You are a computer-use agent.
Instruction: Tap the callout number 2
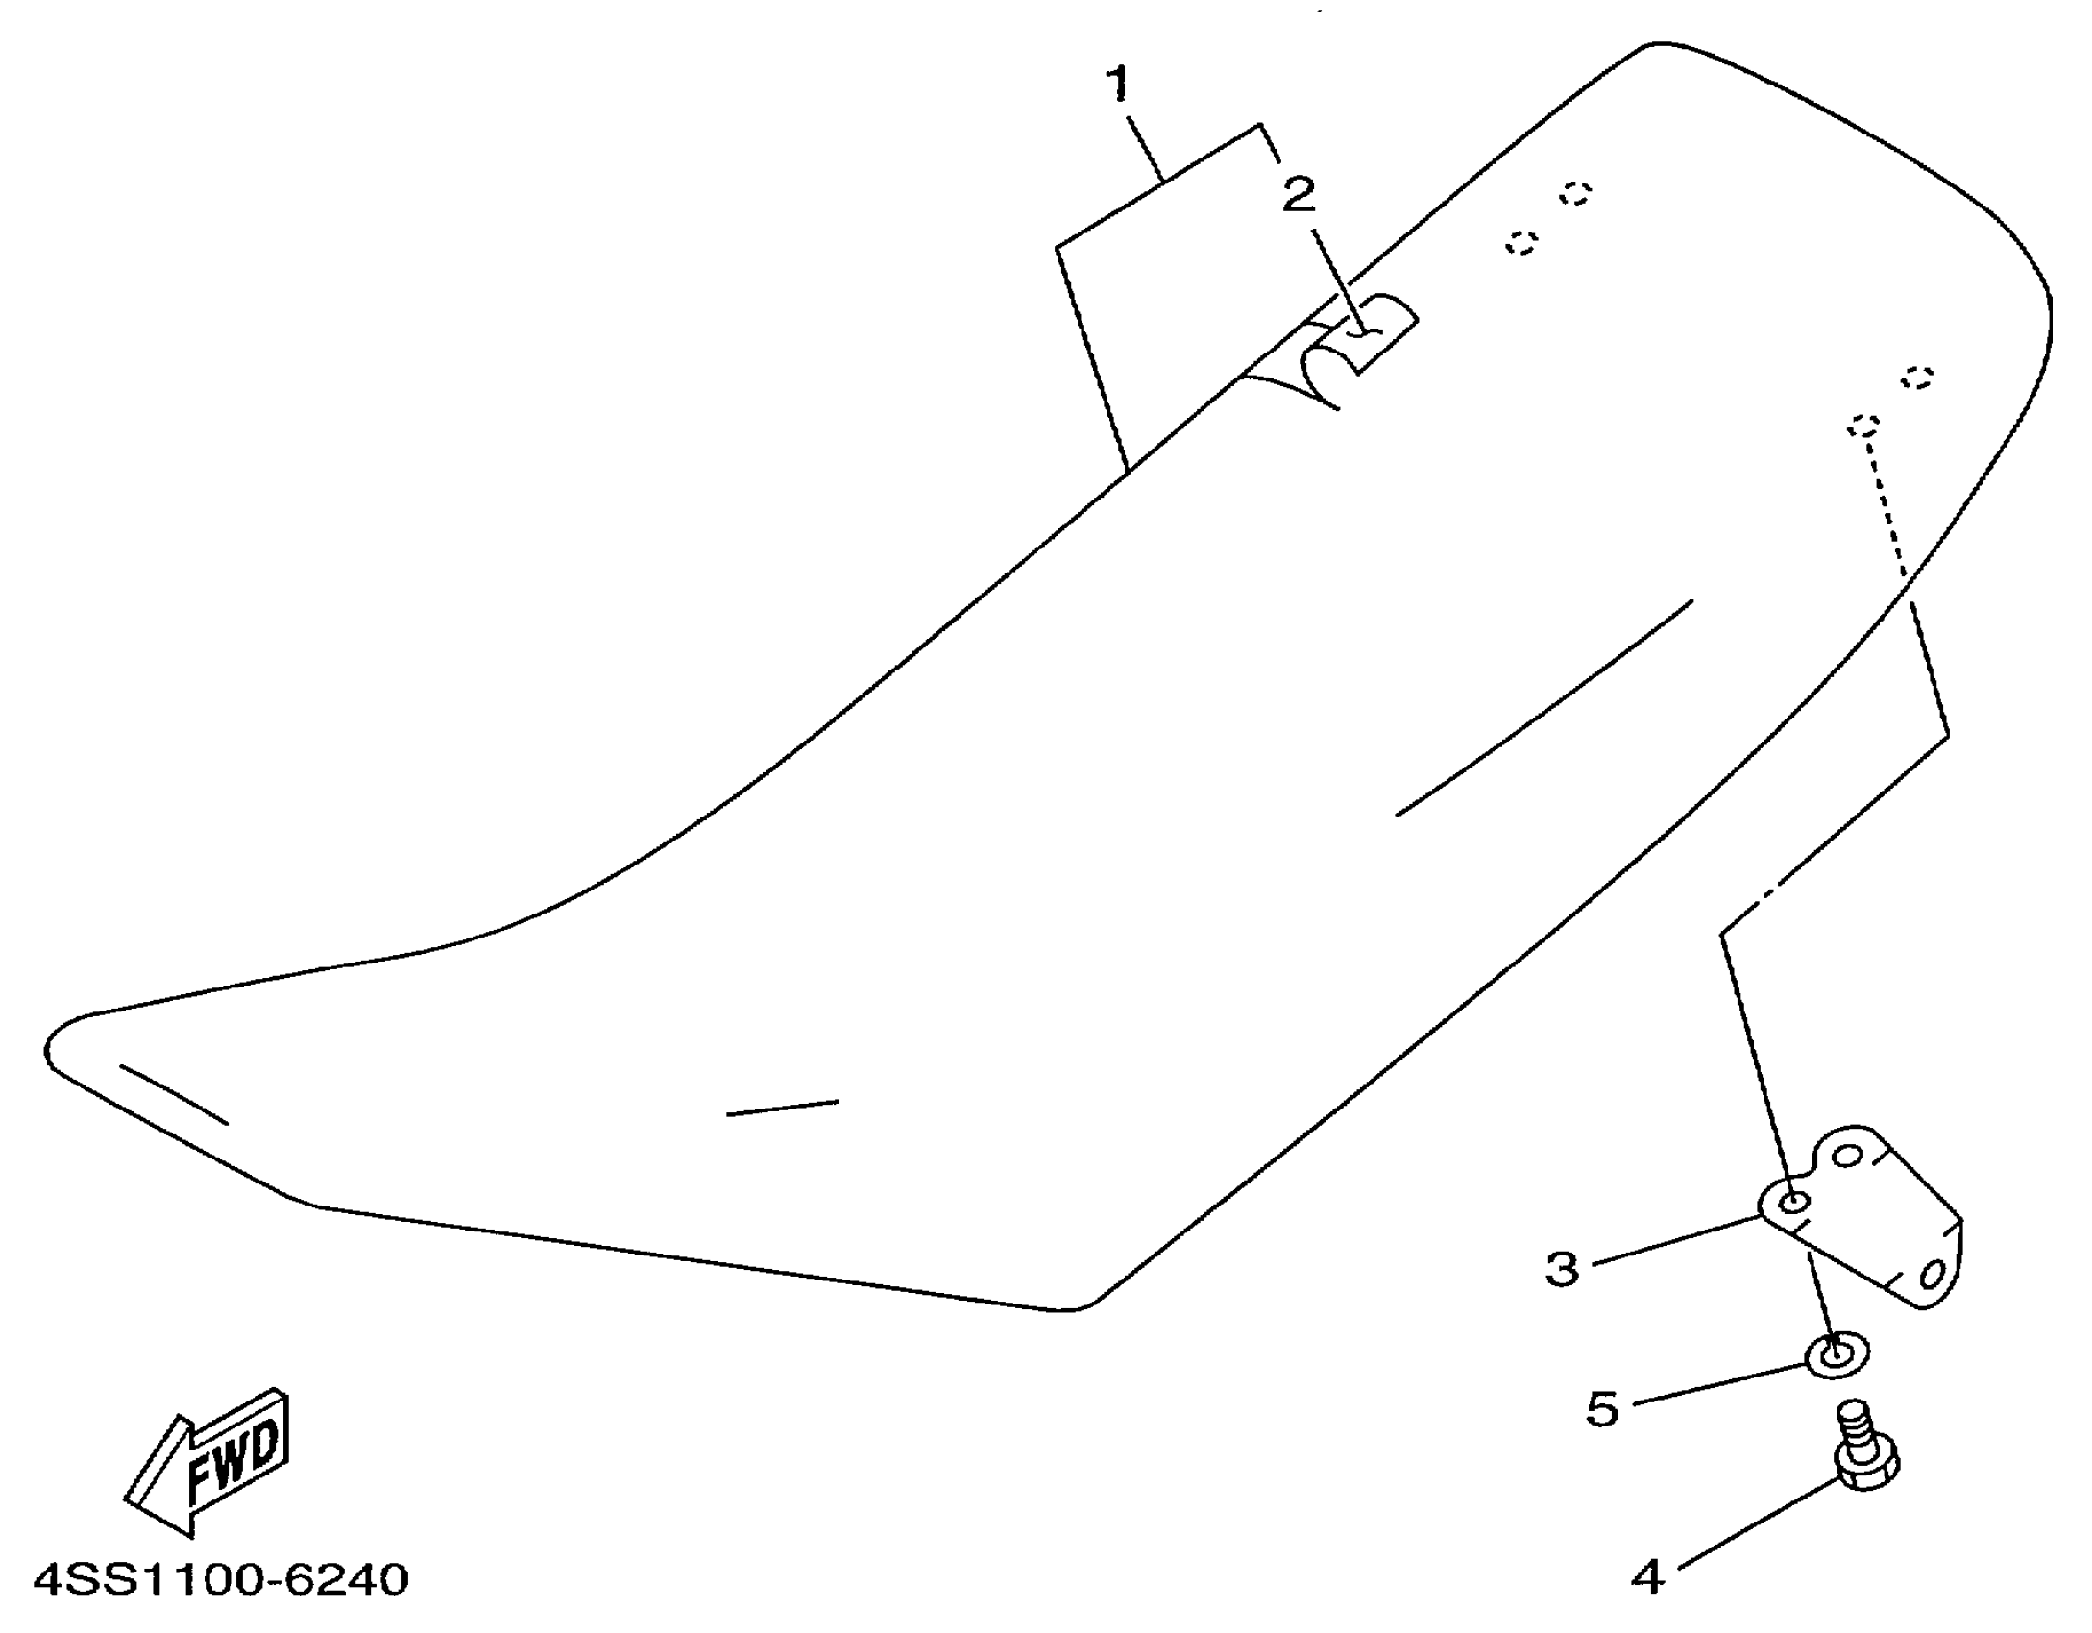pyautogui.click(x=1299, y=196)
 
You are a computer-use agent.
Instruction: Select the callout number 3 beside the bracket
pyautogui.click(x=1563, y=1269)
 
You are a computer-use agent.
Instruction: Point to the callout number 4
pyautogui.click(x=1648, y=1577)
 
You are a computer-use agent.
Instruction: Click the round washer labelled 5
pyautogui.click(x=1837, y=1354)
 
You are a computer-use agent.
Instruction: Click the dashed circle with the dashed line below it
pyautogui.click(x=1864, y=426)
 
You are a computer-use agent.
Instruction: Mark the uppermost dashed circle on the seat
pyautogui.click(x=1575, y=194)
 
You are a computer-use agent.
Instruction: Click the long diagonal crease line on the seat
pyautogui.click(x=1544, y=709)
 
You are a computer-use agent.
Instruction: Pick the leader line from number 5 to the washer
pyautogui.click(x=1719, y=1384)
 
